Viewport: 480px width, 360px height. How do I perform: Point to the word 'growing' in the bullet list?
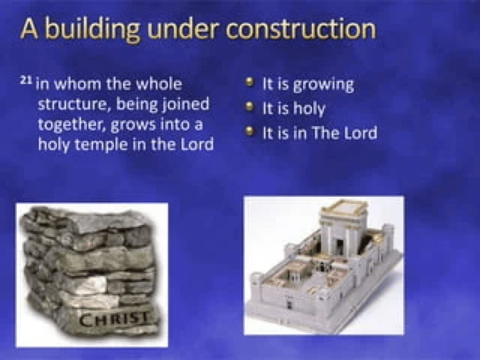click(323, 85)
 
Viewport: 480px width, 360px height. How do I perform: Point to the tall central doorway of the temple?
click(340, 250)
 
